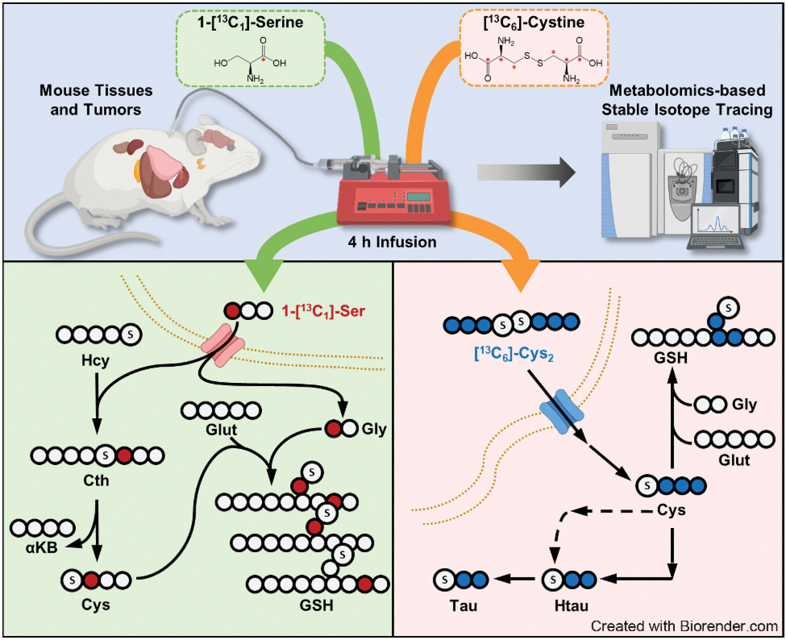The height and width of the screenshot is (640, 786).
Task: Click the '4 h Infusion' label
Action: click(x=392, y=242)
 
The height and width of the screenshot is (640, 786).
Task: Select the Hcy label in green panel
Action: click(x=95, y=360)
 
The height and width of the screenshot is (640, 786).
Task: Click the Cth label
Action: click(x=96, y=480)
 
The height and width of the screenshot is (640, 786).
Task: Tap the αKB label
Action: click(x=41, y=548)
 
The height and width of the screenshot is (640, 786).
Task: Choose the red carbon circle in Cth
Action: click(x=124, y=456)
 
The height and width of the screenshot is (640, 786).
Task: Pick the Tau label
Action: click(x=463, y=606)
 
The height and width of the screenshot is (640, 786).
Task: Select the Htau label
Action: click(x=571, y=606)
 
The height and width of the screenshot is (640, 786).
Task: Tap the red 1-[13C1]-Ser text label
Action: click(x=323, y=311)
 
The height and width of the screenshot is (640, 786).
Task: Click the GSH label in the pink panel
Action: click(x=670, y=358)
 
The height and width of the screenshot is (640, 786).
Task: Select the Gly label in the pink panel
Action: click(x=744, y=404)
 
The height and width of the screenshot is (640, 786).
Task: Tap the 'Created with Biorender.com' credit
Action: click(x=684, y=626)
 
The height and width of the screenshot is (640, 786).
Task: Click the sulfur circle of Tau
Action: click(x=444, y=580)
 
